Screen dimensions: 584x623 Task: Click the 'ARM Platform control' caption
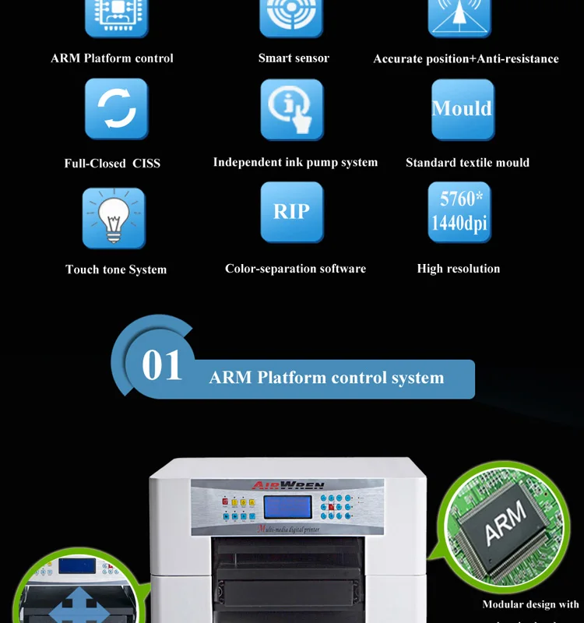112,58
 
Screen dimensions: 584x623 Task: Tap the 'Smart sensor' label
294,58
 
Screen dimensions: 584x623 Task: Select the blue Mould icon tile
463,109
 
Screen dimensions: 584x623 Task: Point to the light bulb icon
114,217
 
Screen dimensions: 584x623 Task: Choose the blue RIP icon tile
292,212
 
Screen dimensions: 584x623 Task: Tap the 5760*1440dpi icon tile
459,212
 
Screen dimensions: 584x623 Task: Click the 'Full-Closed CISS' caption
112,164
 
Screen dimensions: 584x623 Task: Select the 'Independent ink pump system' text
295,163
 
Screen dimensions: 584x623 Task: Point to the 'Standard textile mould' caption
467,163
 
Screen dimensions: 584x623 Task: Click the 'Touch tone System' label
116,269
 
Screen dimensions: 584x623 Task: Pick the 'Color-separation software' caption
295,269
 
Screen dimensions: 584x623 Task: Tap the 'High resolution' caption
459,269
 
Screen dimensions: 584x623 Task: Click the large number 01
162,366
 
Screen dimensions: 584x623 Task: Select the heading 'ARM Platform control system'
326,378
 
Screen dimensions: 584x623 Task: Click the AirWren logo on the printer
287,485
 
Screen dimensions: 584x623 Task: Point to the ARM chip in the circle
505,523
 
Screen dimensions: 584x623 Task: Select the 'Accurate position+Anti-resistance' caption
466,59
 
